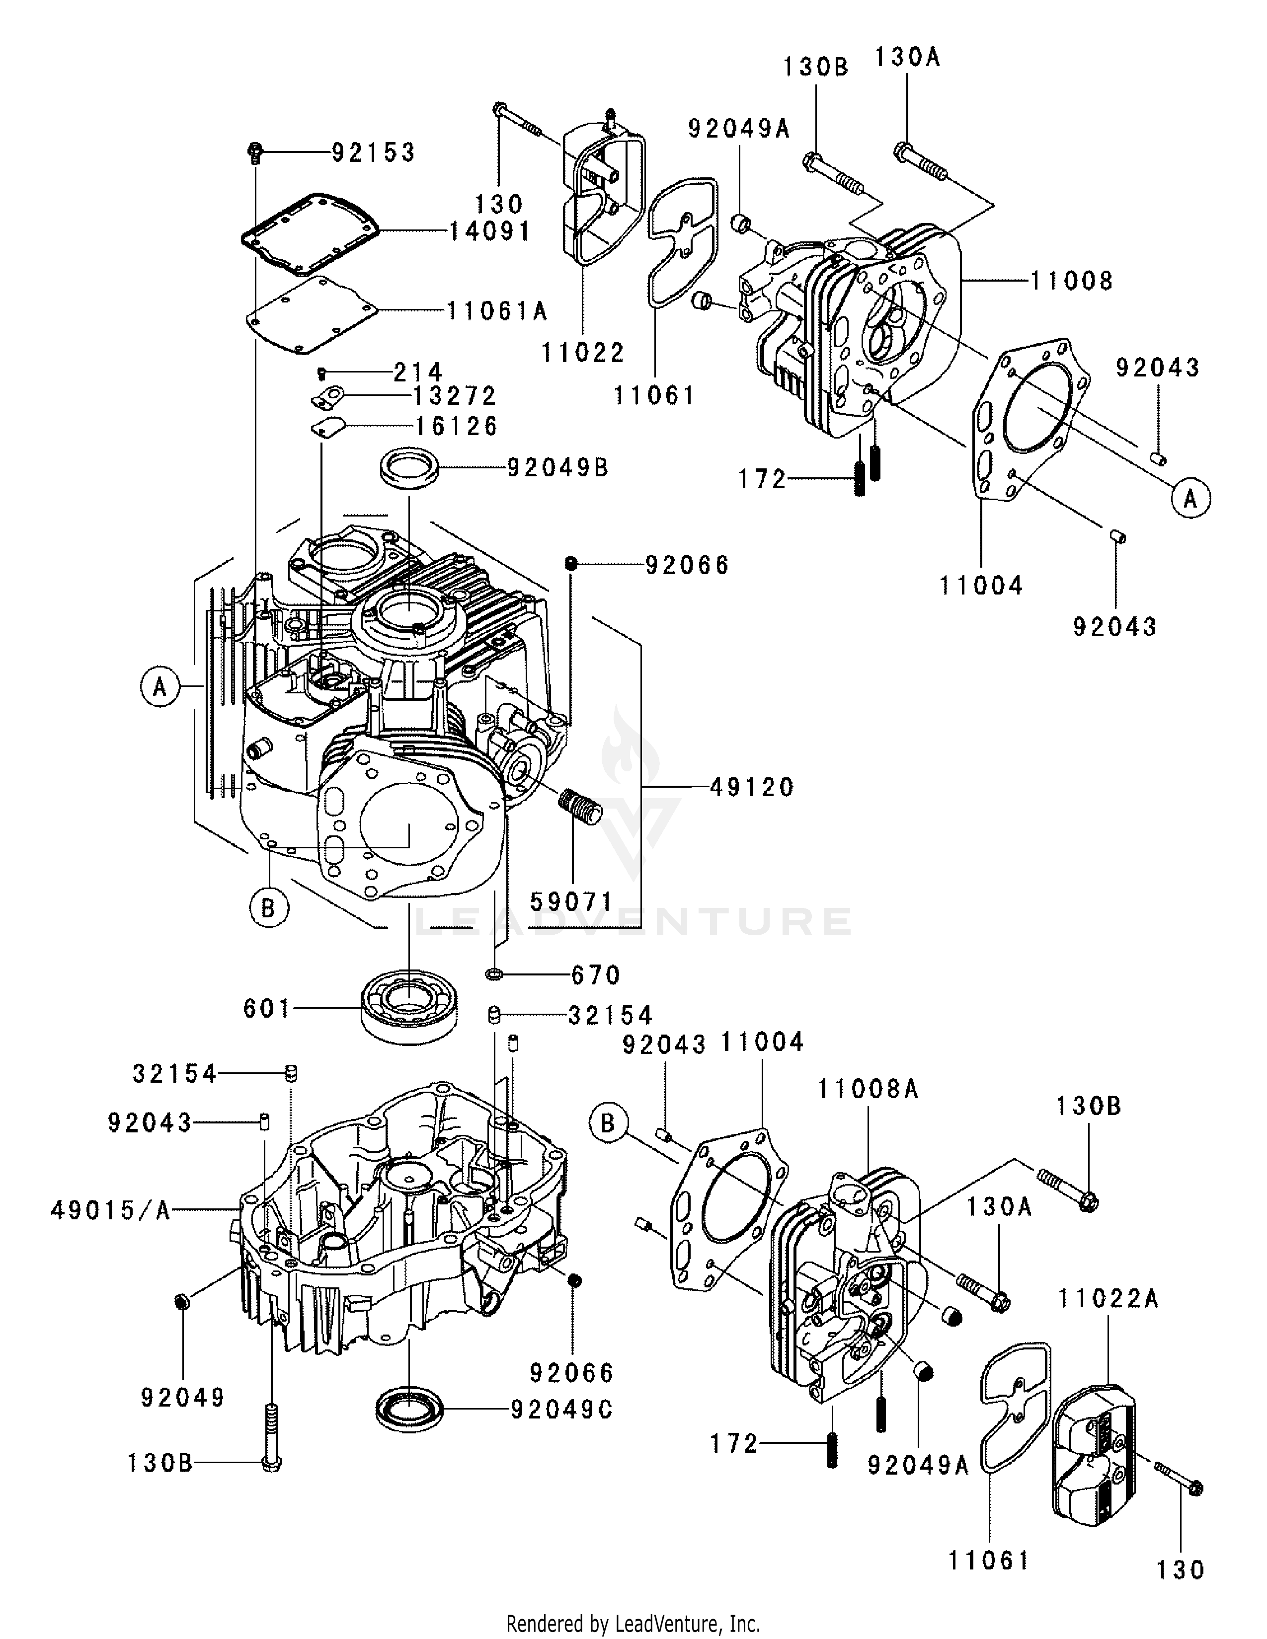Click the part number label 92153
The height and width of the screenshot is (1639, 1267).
pyautogui.click(x=373, y=153)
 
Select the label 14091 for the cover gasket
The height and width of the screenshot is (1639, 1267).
pyautogui.click(x=489, y=231)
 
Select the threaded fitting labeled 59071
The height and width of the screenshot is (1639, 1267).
pyautogui.click(x=581, y=808)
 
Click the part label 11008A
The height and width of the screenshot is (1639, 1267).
pyautogui.click(x=868, y=1089)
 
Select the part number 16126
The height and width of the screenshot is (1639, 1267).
pyautogui.click(x=456, y=426)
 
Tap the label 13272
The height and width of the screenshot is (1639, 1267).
pyautogui.click(x=455, y=395)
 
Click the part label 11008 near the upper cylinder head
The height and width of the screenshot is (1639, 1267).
pyautogui.click(x=1071, y=282)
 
